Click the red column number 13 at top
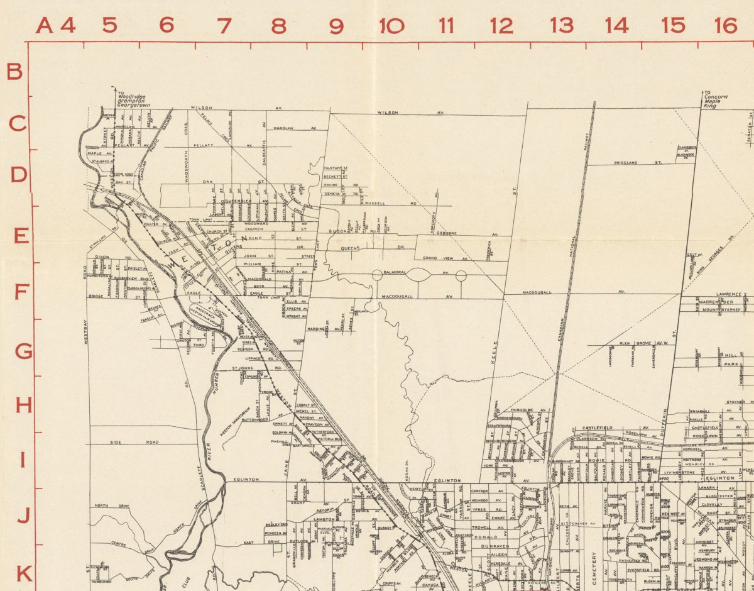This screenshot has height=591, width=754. [x=561, y=25]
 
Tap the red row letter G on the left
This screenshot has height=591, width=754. [x=23, y=351]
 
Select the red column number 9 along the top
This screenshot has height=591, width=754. [x=336, y=26]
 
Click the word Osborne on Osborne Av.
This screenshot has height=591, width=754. [x=449, y=233]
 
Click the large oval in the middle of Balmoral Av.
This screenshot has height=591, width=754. [x=420, y=275]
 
